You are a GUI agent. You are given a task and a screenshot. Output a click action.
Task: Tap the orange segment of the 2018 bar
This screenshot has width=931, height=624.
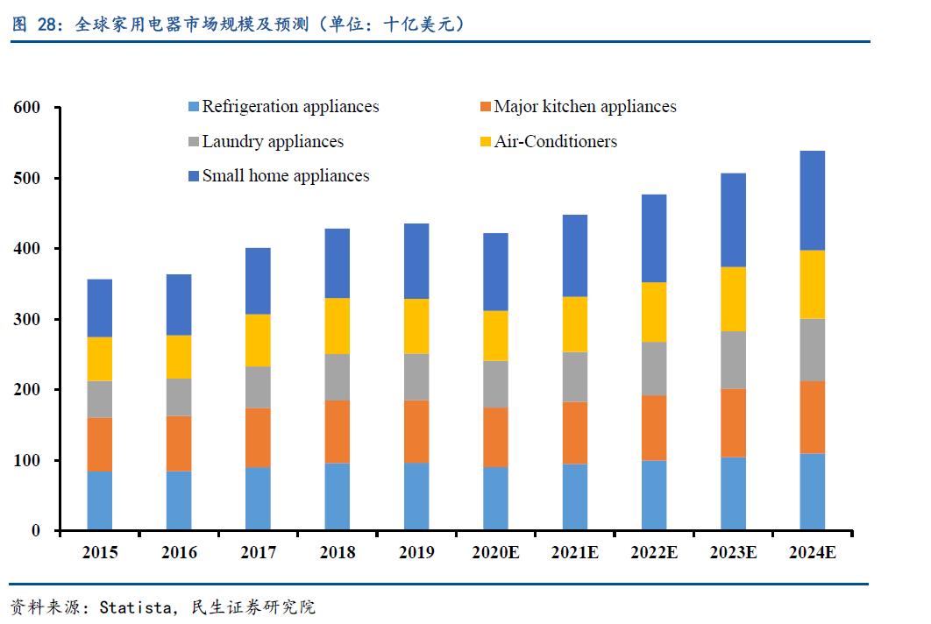tap(338, 431)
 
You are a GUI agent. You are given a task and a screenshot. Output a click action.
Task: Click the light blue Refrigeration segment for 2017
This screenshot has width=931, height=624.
tap(258, 499)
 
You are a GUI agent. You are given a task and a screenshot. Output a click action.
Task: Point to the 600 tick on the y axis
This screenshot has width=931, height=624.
tap(28, 108)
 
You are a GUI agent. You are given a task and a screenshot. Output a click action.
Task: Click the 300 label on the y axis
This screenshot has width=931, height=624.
tap(28, 320)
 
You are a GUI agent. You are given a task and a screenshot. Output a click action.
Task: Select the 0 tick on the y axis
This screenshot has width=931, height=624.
tap(36, 531)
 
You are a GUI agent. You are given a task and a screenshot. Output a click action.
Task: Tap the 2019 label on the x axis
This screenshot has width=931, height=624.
tap(416, 553)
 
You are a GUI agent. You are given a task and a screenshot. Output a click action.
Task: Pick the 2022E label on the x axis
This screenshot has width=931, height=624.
tap(653, 553)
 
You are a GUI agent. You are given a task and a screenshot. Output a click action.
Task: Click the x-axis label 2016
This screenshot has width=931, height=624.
tap(179, 553)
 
